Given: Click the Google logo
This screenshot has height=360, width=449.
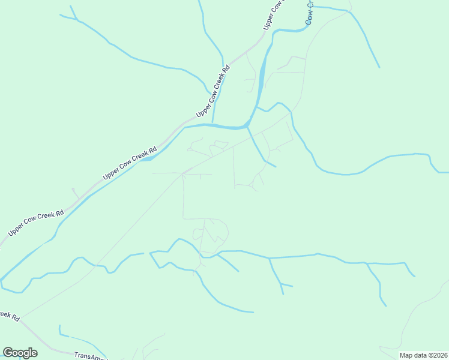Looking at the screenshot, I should click(x=20, y=353).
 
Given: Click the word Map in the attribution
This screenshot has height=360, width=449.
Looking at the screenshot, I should click(x=406, y=355).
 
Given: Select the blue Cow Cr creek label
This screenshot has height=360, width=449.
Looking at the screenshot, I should click(x=309, y=13).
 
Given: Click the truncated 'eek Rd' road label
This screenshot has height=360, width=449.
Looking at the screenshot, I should click(x=10, y=316).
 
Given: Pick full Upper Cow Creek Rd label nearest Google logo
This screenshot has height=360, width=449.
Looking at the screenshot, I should click(x=35, y=223).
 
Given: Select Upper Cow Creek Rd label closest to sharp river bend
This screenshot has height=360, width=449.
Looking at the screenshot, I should click(x=213, y=92).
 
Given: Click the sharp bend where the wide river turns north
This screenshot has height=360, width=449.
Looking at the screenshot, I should click(x=247, y=125).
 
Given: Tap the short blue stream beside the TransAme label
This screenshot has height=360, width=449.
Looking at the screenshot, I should click(x=61, y=331).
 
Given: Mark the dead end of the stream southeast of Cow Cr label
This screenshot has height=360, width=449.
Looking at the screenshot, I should click(x=379, y=67).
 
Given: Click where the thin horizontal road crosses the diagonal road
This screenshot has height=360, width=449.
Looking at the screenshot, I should click(x=183, y=174).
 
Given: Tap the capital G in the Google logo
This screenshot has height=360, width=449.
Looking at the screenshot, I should click(x=8, y=353).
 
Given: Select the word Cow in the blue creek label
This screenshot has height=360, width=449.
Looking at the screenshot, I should click(x=309, y=17).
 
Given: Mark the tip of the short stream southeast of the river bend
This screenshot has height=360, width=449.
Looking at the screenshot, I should click(x=275, y=166).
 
